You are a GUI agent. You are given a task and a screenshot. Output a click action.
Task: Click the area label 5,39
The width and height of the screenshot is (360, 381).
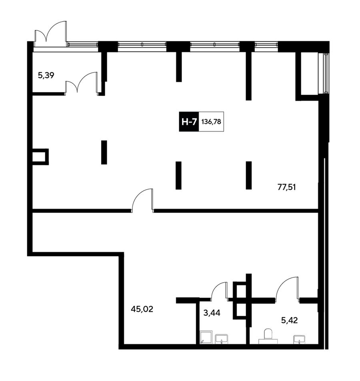tap(46, 76)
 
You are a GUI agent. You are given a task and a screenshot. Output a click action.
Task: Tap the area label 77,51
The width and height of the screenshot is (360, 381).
tap(287, 187)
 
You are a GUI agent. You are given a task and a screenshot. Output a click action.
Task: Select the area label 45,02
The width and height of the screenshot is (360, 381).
tap(142, 309)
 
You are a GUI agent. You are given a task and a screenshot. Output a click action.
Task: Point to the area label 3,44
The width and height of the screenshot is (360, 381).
tap(212, 313)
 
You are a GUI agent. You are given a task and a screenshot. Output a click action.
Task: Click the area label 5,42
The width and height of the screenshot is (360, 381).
tap(289, 320)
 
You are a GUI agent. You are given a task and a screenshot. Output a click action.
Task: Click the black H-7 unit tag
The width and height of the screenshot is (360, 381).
tap(189, 122)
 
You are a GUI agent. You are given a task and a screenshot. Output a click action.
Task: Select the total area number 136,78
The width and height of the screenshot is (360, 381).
tap(211, 122)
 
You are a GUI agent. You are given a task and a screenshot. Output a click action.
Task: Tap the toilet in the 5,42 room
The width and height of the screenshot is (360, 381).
tap(268, 337)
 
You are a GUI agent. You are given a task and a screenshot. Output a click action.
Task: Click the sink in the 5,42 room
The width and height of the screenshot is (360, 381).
tap(299, 339)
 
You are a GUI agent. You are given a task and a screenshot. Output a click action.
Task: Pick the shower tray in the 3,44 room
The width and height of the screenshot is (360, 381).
tap(206, 337)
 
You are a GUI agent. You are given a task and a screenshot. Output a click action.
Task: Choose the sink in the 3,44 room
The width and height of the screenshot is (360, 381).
tap(222, 339)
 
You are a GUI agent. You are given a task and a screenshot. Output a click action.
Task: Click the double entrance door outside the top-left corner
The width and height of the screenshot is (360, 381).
tap(51, 34)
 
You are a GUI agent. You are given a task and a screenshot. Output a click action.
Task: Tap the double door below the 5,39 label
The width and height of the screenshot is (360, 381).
tap(81, 82)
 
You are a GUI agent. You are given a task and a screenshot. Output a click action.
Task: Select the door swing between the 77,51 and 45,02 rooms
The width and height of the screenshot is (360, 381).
tap(142, 201)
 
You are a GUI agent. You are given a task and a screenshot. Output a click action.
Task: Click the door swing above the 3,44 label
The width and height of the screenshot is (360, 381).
tap(220, 291)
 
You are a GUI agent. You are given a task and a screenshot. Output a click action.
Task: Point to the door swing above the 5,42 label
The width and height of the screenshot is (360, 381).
tap(287, 289)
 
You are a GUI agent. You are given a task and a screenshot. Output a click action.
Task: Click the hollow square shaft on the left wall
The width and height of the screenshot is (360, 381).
tap(40, 157)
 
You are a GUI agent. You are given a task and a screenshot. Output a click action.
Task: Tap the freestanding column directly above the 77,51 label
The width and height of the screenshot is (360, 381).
tap(248, 175)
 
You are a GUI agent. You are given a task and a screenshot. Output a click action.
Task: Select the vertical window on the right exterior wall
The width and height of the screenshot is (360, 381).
tap(326, 73)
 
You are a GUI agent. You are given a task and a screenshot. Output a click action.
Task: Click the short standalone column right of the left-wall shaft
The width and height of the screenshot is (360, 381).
tap(104, 152)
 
